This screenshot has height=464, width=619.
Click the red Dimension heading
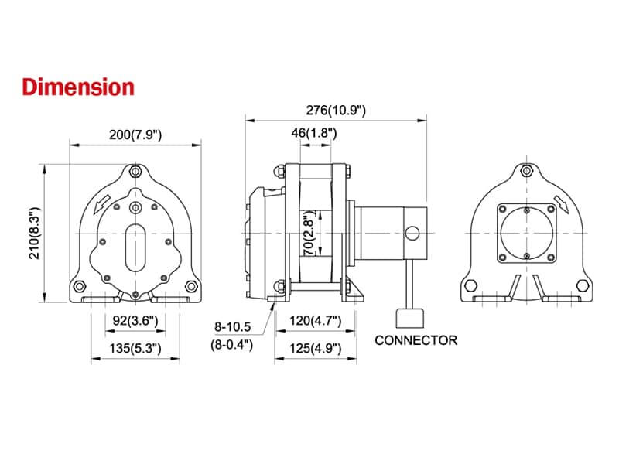point(78,87)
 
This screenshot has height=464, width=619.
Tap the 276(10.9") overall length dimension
point(336,110)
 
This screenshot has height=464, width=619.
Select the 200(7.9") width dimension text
point(135,135)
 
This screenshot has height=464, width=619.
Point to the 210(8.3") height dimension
point(35,233)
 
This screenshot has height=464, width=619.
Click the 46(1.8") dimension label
point(314,133)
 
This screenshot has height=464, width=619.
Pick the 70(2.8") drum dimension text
point(310,233)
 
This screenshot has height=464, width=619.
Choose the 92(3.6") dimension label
point(135,320)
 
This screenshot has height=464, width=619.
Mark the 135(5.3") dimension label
point(135,348)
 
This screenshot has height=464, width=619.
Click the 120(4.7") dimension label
point(316,320)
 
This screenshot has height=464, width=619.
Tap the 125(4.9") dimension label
point(316,348)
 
